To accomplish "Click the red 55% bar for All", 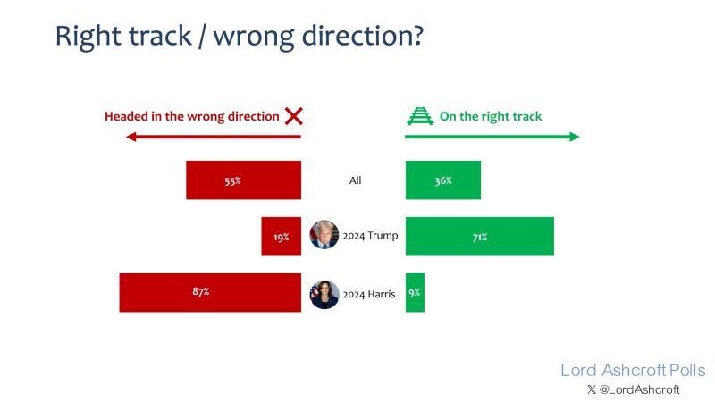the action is [x=243, y=180].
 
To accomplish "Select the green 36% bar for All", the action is [x=443, y=180].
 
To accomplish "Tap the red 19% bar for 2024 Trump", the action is [x=282, y=236].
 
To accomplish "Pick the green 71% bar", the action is [x=480, y=236].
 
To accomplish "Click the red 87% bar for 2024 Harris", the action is [x=210, y=293].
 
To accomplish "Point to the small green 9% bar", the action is [x=415, y=293].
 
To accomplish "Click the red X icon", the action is [x=294, y=116].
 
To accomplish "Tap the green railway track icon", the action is [x=420, y=116].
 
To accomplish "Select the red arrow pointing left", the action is [x=214, y=137].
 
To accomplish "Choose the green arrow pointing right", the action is [x=492, y=137].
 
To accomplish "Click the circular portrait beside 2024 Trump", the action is [x=324, y=235].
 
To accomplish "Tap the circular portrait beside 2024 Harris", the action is [x=324, y=295].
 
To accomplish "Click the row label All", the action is [x=355, y=180].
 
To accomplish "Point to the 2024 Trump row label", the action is [x=370, y=236].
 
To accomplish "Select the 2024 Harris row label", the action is [x=369, y=295].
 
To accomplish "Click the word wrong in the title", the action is [x=254, y=37].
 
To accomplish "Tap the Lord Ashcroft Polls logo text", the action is [x=633, y=370].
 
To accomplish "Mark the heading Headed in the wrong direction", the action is [x=192, y=117].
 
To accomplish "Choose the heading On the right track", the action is [x=491, y=117].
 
